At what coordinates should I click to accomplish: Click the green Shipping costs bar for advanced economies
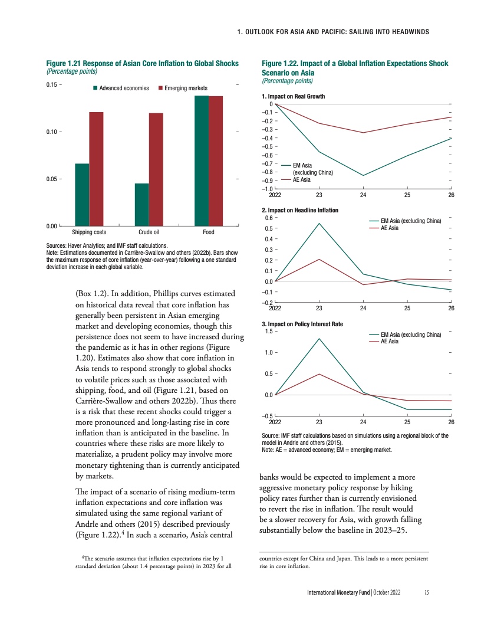82,195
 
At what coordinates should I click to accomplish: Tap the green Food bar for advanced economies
202,160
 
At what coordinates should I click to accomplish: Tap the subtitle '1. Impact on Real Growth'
293,96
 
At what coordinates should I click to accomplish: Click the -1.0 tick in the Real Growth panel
268,188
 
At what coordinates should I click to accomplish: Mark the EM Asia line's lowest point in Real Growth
363,175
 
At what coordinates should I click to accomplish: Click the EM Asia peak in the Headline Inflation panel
319,224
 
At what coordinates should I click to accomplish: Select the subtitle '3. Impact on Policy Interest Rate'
302,324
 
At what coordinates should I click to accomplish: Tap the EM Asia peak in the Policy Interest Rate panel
319,339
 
